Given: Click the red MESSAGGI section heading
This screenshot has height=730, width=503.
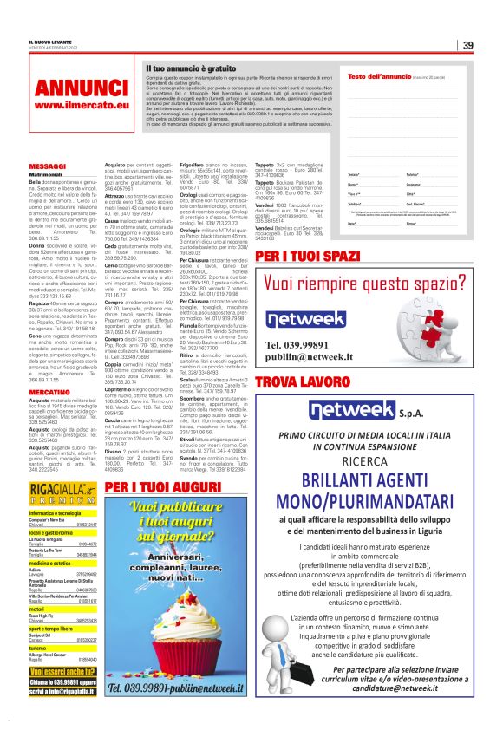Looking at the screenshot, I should pyautogui.click(x=48, y=165).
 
